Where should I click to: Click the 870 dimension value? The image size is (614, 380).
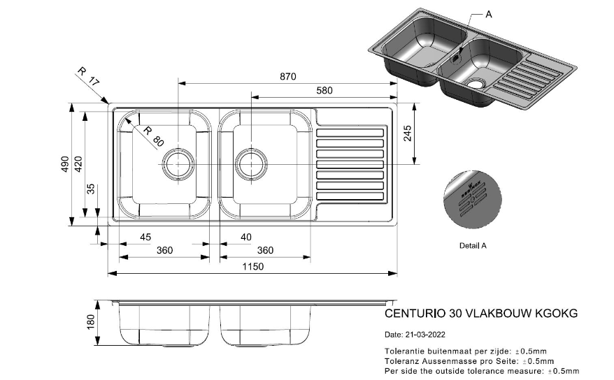tap(288, 76)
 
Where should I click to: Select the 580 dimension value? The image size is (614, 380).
tap(324, 90)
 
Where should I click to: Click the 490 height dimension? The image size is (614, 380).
tap(64, 164)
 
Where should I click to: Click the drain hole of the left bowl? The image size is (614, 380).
tap(178, 165)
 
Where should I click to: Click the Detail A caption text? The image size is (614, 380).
tap(473, 246)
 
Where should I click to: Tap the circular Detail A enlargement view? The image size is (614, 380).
tap(473, 199)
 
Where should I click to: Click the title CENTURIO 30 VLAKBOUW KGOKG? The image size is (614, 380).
tap(481, 314)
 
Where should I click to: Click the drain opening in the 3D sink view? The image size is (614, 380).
tap(478, 85)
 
